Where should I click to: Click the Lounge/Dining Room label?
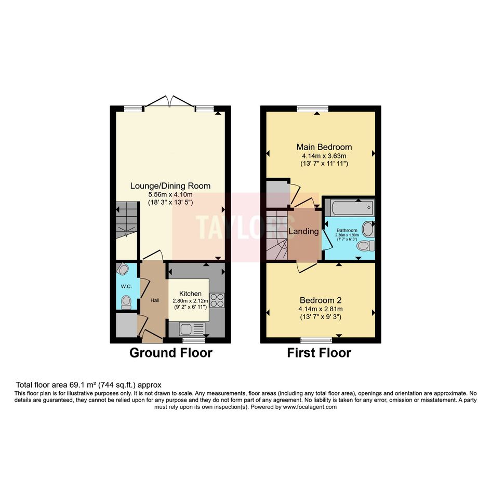(170, 185)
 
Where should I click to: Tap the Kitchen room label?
(190, 294)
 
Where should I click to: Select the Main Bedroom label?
(324, 147)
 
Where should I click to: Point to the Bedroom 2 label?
(321, 300)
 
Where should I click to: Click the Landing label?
(303, 231)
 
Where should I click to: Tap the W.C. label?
(126, 286)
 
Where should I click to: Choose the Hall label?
(155, 300)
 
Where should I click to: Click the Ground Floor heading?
(170, 353)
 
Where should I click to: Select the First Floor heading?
(319, 353)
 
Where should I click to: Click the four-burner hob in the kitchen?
(217, 300)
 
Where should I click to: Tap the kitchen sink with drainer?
(192, 329)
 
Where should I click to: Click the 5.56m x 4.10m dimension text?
(170, 194)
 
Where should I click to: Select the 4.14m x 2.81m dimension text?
(321, 309)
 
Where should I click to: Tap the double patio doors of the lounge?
(170, 101)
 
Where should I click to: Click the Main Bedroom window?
(312, 109)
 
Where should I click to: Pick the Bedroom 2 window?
(316, 340)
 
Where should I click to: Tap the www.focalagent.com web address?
(310, 407)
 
